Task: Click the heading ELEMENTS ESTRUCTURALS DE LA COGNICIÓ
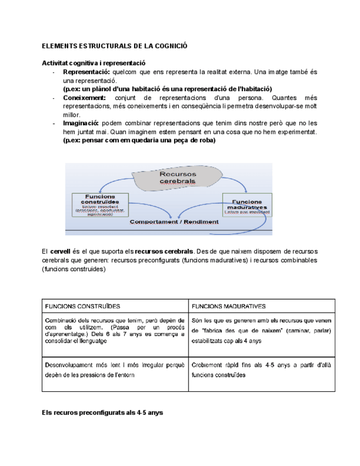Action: coord(115,46)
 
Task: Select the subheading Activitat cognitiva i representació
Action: coord(94,63)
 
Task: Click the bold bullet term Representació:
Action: coord(86,72)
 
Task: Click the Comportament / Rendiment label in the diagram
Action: coord(174,222)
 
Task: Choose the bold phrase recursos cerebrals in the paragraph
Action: coord(164,251)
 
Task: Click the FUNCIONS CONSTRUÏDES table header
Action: coord(82,306)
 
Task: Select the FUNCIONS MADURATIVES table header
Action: coord(229,306)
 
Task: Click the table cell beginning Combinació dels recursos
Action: coord(115,330)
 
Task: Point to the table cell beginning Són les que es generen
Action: coord(261,330)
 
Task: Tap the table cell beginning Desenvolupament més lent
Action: coord(115,369)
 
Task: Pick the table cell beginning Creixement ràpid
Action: coord(261,369)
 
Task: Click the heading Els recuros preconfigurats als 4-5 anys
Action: coord(103,412)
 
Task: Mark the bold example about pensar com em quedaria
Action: coord(140,140)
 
